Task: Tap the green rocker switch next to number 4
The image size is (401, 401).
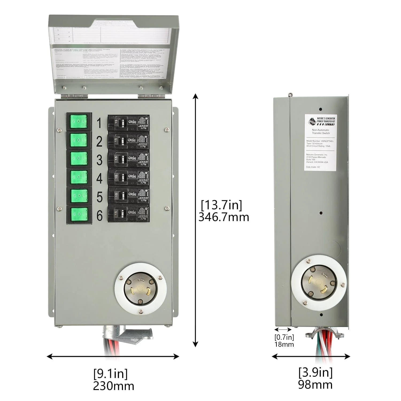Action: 79,177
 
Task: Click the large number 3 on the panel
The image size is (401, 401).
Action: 99,160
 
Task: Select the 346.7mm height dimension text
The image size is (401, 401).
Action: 223,217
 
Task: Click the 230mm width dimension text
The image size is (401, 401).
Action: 114,386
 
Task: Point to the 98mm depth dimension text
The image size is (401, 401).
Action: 315,385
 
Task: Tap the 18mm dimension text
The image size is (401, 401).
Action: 284,344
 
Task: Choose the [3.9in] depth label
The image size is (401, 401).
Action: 315,372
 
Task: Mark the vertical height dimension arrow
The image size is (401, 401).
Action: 196,220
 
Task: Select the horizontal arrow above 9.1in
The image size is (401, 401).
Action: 113,356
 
